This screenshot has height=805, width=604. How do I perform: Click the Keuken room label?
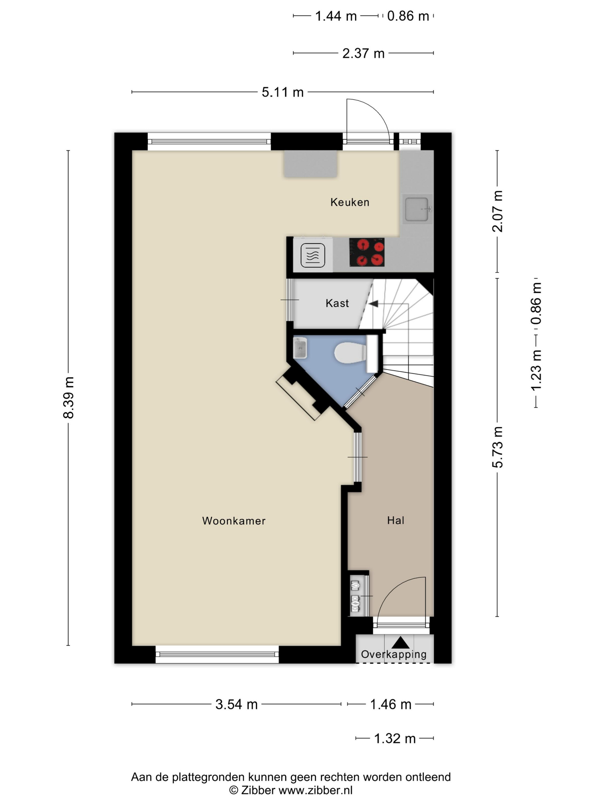349,202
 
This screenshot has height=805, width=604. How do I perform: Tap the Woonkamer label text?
234,521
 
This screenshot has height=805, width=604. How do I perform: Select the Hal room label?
396,520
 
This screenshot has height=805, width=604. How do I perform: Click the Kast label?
337,303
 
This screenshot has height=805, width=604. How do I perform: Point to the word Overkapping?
393,654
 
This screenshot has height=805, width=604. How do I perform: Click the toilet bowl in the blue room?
350,352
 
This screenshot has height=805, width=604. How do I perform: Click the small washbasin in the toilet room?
300,348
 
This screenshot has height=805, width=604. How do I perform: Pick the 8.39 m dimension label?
68,398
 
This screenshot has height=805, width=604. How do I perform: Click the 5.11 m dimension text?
282,92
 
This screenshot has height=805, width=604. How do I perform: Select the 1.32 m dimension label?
395,738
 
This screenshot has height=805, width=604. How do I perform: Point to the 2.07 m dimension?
497,211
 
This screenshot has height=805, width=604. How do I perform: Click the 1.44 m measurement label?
336,16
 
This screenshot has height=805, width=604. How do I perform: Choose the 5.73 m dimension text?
497,447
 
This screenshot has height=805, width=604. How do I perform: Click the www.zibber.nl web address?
316,790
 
